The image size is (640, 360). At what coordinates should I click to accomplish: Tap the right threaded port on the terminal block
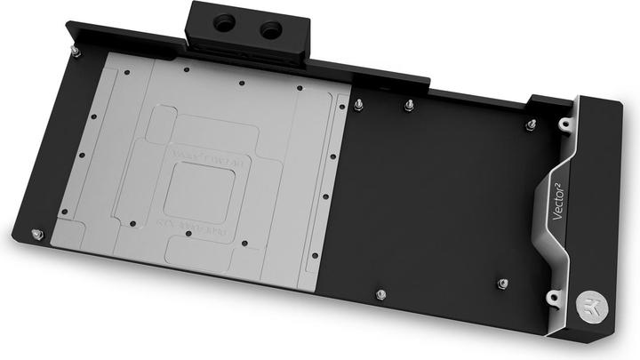[x=267, y=31]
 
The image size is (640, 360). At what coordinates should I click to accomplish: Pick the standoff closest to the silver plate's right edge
[x=358, y=108]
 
